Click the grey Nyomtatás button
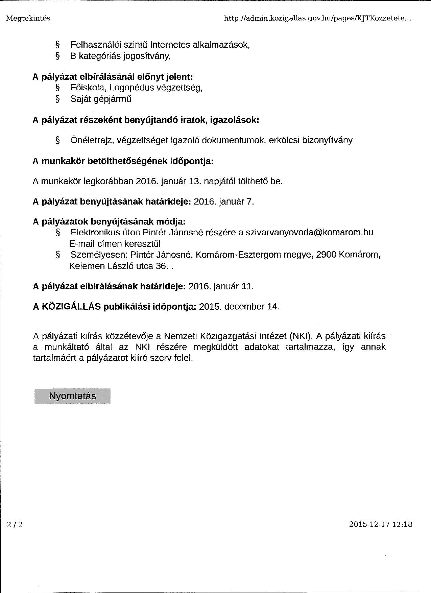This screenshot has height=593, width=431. [72, 396]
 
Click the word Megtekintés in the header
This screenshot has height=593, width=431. [28, 18]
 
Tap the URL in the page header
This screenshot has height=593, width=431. [318, 19]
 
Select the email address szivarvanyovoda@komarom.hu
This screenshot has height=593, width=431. [309, 232]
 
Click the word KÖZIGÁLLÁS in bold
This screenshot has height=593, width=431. [71, 306]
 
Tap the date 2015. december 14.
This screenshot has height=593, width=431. [239, 306]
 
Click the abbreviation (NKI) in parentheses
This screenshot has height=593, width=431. [300, 336]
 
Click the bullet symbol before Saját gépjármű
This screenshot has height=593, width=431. [57, 99]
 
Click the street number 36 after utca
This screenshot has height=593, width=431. [161, 266]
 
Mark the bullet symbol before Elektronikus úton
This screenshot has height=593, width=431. [58, 233]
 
